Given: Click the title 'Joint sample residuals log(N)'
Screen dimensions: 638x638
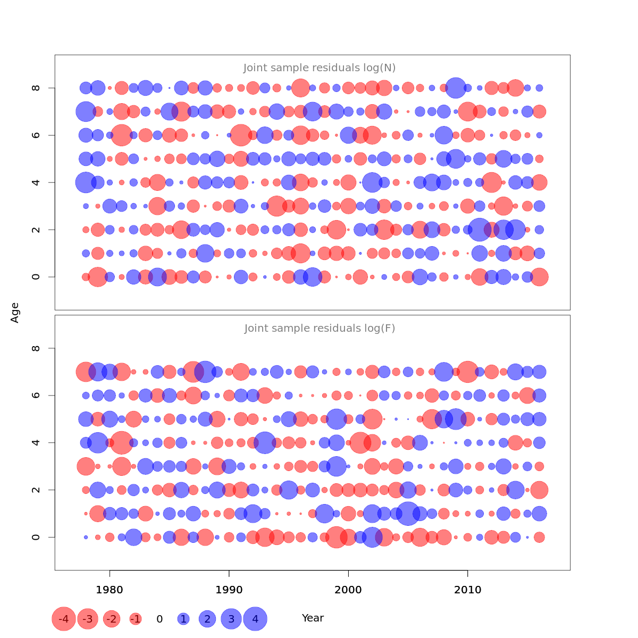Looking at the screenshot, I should pos(320,68).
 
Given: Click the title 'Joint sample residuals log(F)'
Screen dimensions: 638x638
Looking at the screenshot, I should pos(320,329).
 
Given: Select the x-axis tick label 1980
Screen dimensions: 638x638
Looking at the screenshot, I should pos(110,590).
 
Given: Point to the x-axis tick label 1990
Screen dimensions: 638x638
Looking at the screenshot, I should pos(229,590).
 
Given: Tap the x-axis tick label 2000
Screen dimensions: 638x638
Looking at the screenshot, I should pos(348,590).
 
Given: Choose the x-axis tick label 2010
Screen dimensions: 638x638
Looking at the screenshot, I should pos(468,590).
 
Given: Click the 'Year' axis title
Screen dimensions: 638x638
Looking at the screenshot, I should pos(313,618).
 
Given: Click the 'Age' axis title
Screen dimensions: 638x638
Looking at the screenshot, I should pos(15,313).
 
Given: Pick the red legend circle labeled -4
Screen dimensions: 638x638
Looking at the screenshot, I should pos(64,619).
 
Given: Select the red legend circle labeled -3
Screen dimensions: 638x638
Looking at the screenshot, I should pos(88,619).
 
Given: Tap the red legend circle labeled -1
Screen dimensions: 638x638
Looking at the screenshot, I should pos(136,619).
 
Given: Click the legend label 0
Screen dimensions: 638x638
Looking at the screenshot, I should pos(159,619).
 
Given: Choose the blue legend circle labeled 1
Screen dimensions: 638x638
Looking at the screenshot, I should pos(183,619).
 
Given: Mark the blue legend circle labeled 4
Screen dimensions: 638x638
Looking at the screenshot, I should pos(255,619).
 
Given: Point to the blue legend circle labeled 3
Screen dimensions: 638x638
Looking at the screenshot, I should pos(231,619).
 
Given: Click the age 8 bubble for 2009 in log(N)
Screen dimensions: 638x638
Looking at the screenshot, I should pos(456,88).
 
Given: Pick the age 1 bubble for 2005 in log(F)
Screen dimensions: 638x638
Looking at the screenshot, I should pos(408,514).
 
